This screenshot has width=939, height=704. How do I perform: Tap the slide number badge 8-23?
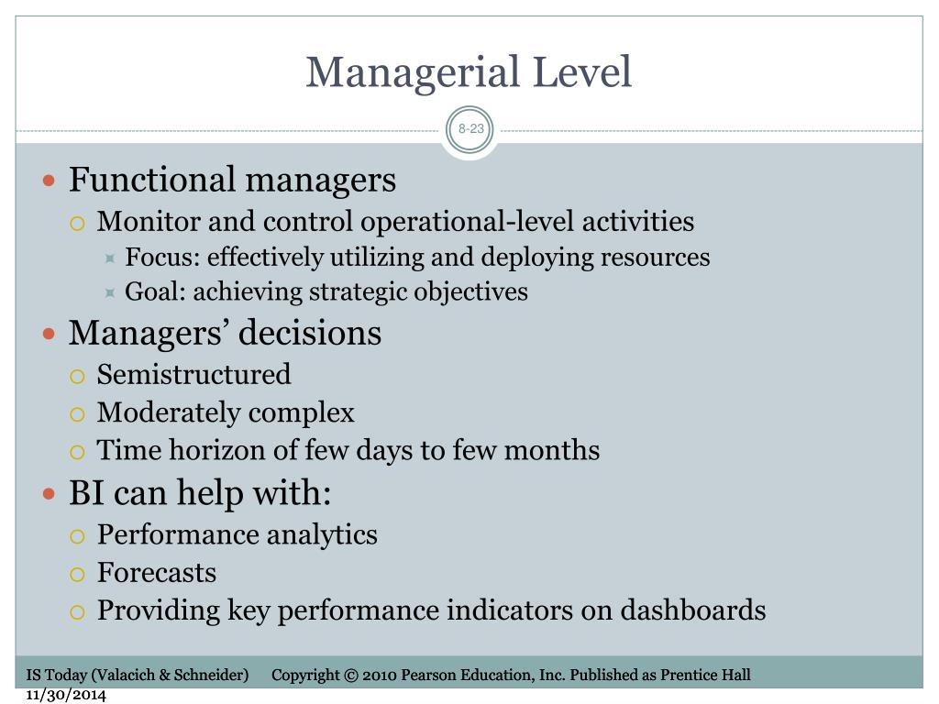click(x=470, y=128)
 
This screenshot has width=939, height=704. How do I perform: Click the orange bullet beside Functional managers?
click(x=50, y=181)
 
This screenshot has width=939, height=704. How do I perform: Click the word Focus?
click(x=162, y=257)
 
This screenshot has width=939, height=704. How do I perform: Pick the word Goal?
click(x=155, y=291)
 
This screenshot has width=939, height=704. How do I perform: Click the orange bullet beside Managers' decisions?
click(x=50, y=334)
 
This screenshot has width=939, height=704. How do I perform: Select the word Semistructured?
click(x=194, y=375)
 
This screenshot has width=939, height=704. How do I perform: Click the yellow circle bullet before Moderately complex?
click(x=77, y=414)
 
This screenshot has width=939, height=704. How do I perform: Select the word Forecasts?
click(x=157, y=572)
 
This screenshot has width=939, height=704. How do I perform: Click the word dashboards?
click(x=693, y=610)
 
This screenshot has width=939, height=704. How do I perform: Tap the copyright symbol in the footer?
click(x=351, y=676)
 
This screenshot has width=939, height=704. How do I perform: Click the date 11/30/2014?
click(x=66, y=695)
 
